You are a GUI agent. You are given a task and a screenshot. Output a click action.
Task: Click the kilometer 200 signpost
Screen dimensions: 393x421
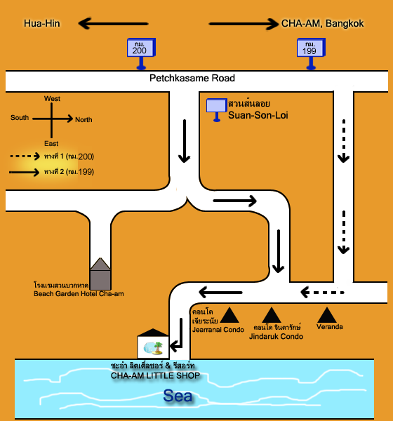click(x=141, y=53)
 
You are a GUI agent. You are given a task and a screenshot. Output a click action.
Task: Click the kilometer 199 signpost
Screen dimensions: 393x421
click(x=311, y=53)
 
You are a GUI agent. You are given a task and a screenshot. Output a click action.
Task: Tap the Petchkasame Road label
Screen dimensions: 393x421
click(x=192, y=78)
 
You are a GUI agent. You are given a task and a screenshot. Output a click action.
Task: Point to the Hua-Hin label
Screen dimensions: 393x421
click(x=42, y=24)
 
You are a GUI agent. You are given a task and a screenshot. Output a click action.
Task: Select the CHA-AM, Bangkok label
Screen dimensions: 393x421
click(x=322, y=24)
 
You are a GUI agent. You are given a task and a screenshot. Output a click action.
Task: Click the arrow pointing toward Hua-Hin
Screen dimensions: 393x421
click(x=113, y=24)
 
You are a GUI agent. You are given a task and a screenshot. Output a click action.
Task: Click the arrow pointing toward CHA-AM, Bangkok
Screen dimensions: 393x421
click(x=244, y=24)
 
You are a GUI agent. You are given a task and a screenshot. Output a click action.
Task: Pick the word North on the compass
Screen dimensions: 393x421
click(x=84, y=120)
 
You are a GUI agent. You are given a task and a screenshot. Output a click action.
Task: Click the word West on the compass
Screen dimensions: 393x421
click(x=52, y=98)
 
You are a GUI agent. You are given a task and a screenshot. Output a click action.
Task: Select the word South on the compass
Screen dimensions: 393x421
click(x=20, y=118)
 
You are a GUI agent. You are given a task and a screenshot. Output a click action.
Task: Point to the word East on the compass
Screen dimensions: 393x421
click(x=51, y=144)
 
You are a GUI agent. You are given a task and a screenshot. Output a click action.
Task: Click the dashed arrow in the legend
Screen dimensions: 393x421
click(x=25, y=156)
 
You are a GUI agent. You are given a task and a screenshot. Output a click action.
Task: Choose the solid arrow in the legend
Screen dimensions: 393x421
click(x=24, y=172)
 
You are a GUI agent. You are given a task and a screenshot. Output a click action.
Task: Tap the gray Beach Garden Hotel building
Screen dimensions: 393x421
click(x=100, y=274)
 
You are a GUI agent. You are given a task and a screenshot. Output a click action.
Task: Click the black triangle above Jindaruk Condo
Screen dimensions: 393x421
click(x=272, y=315)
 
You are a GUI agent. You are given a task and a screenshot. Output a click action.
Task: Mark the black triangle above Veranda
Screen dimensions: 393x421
click(x=326, y=315)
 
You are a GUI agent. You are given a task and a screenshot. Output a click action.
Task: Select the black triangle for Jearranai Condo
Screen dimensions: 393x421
click(x=229, y=315)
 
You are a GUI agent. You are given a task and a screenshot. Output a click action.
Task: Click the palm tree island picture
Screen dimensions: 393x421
click(x=153, y=348)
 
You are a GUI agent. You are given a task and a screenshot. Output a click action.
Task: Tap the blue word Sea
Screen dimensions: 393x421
click(x=178, y=396)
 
